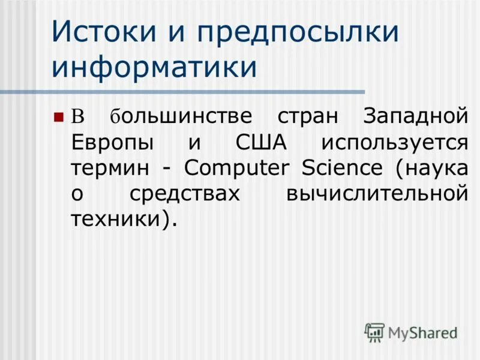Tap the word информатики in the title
[x=154, y=66]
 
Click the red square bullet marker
[x=58, y=116]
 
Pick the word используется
[x=394, y=143]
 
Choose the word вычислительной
[x=376, y=194]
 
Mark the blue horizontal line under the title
[x=180, y=92]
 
